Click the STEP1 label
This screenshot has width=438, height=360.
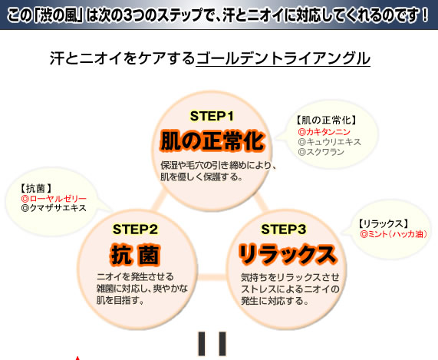[x=212, y=116]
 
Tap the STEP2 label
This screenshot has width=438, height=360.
[x=135, y=230]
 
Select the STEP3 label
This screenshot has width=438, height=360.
[x=284, y=230]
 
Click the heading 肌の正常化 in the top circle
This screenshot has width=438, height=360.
[x=212, y=140]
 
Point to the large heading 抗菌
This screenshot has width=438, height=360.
[x=135, y=255]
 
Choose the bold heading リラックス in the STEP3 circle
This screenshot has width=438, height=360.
[x=288, y=254]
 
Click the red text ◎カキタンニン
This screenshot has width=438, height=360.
[x=324, y=132]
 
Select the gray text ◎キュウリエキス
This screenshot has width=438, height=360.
[x=329, y=142]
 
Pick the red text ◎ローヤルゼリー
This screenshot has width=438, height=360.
[x=54, y=199]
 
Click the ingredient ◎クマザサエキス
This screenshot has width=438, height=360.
[x=54, y=208]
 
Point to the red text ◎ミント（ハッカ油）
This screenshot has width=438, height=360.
[x=394, y=234]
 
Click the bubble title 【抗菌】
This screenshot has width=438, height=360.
[x=36, y=189]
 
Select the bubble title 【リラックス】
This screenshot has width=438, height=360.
[x=384, y=224]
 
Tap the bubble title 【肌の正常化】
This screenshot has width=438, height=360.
[x=326, y=121]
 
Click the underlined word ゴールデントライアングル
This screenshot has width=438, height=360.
[x=283, y=58]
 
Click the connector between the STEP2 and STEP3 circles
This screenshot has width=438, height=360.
[x=212, y=277]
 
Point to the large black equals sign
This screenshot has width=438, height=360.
[x=212, y=344]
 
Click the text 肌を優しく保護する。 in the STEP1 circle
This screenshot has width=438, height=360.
[x=201, y=177]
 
